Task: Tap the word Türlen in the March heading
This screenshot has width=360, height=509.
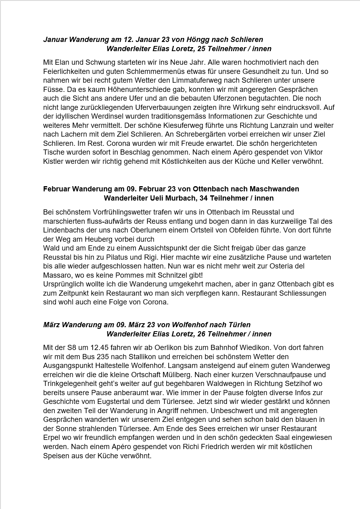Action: click(x=239, y=325)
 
